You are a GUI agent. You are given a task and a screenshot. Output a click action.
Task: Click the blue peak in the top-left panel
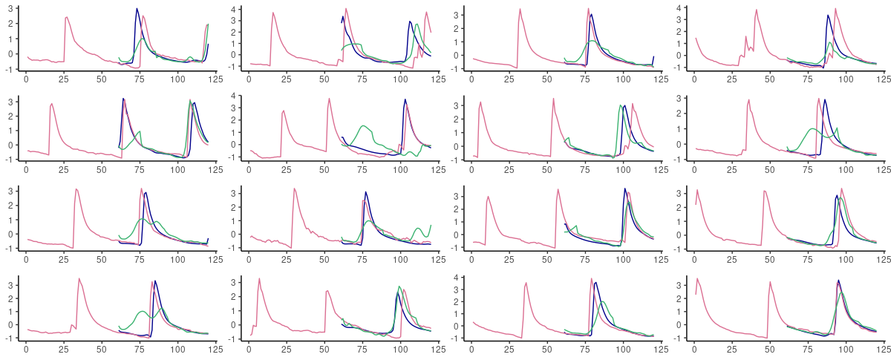tap(137, 9)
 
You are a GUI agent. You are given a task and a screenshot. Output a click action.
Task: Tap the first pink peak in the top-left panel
tap(67, 17)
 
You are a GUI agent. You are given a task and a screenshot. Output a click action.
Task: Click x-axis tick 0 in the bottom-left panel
tap(26, 348)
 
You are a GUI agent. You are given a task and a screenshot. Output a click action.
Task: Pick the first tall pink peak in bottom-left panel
tap(79, 278)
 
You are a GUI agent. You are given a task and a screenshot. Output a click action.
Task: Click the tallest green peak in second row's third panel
tap(620, 105)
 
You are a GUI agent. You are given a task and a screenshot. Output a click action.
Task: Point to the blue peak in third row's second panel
tap(366, 192)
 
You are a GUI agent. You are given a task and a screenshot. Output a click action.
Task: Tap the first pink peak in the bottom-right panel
tap(696, 278)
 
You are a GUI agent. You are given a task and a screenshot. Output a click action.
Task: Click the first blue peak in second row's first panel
tap(123, 98)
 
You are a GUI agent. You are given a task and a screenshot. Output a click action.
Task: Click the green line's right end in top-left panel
tap(209, 24)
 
